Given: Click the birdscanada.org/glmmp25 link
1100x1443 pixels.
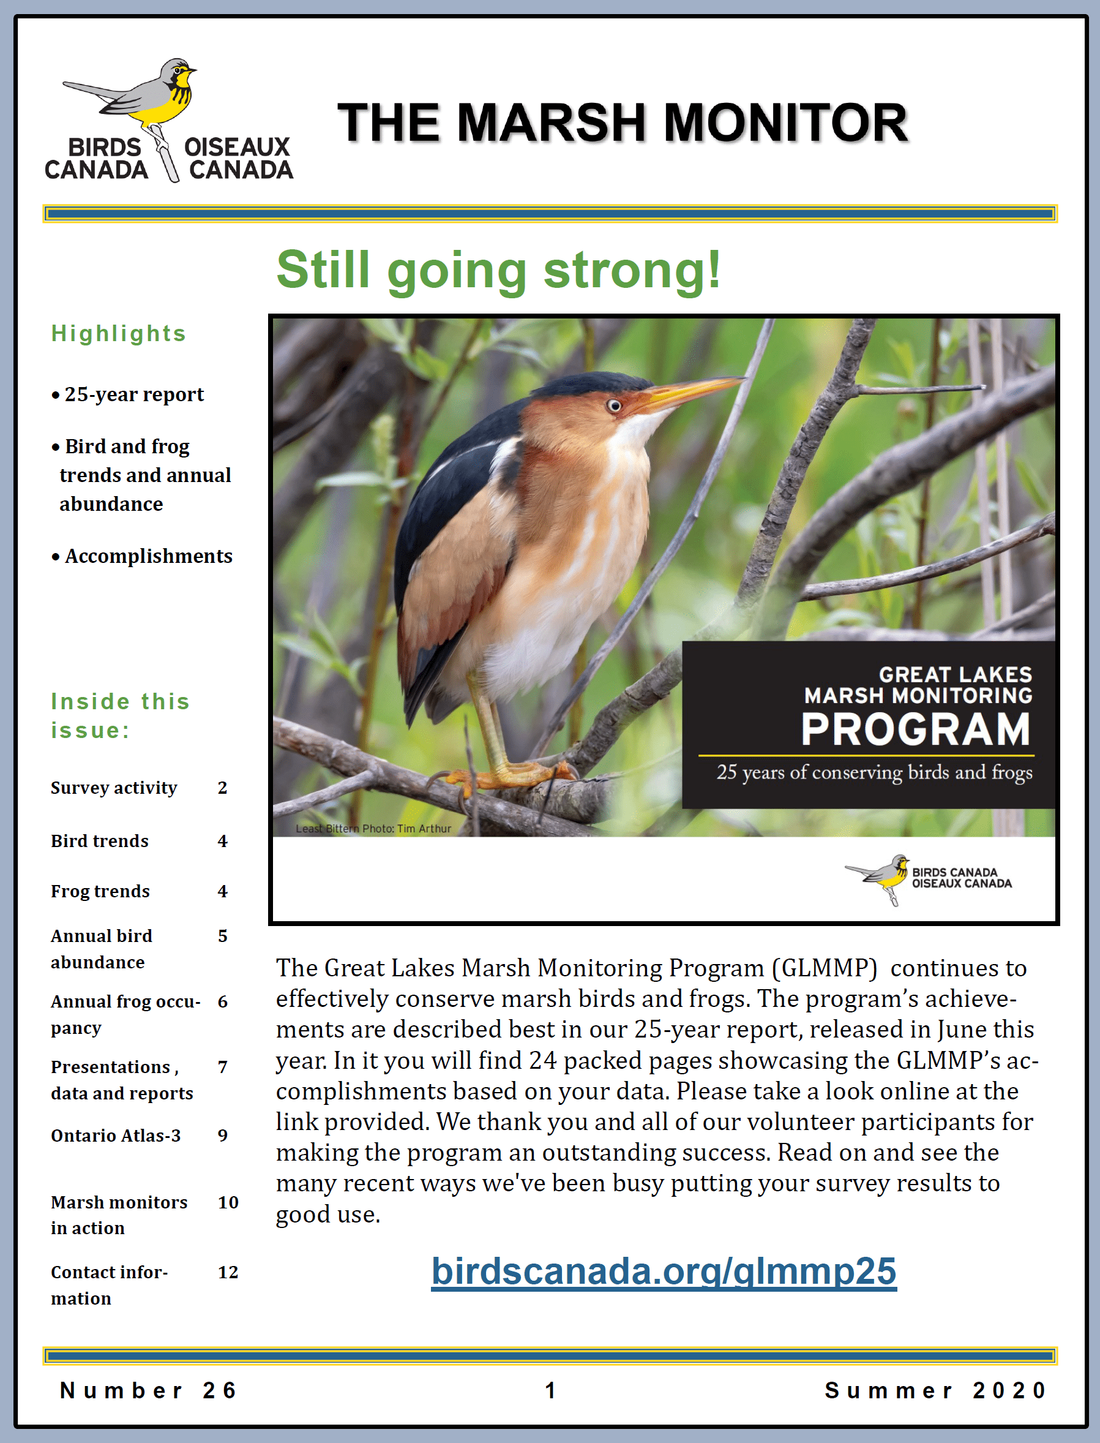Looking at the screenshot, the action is click(x=664, y=1272).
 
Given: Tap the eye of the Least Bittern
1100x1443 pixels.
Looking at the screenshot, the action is click(x=614, y=405).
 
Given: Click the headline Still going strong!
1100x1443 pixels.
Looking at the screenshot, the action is click(x=498, y=270).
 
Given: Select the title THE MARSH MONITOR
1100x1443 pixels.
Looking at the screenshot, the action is click(x=623, y=122).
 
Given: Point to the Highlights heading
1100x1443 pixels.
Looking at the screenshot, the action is click(x=119, y=333).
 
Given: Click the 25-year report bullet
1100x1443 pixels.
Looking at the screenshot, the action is click(x=128, y=394).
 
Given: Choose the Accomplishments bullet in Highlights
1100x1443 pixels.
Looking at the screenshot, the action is click(x=142, y=556).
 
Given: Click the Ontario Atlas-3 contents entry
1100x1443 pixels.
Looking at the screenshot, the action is click(x=116, y=1135).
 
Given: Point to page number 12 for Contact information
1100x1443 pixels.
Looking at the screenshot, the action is click(x=228, y=1272).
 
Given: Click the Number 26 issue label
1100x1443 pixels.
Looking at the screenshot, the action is click(x=148, y=1390).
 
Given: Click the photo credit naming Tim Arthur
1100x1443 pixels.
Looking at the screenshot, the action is click(x=373, y=829).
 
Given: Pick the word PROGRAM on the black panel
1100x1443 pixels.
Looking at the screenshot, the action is click(x=916, y=729).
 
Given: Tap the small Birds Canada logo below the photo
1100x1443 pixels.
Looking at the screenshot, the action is click(x=928, y=878).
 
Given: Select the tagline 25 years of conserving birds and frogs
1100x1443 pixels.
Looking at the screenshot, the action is click(x=874, y=772).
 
